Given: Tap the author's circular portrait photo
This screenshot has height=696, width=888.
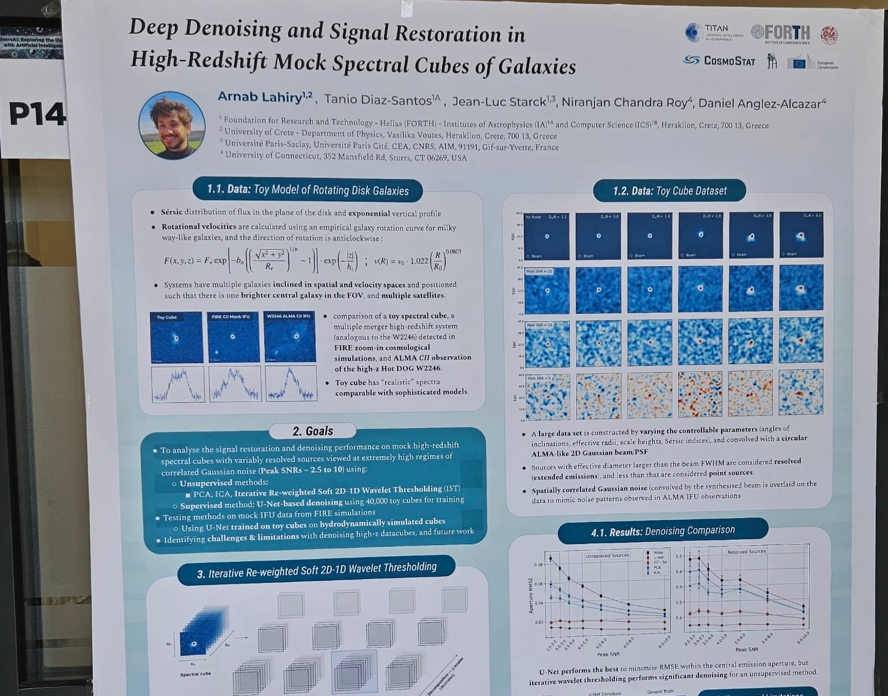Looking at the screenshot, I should click(x=172, y=126).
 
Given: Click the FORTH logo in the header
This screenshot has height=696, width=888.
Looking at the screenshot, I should click(x=781, y=33).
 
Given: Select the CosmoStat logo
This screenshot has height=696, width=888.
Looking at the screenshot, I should click(x=720, y=60).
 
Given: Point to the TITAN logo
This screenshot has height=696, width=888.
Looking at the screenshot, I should click(x=714, y=32).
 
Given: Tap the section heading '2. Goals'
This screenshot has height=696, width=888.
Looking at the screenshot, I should click(x=312, y=431).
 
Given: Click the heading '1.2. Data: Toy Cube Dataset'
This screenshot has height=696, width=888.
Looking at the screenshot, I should click(x=669, y=191).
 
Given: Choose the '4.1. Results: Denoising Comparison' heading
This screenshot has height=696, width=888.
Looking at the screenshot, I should click(x=663, y=531).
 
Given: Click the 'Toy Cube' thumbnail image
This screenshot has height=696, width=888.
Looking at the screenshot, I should click(x=176, y=337).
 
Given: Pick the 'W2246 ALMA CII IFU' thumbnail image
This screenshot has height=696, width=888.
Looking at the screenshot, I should click(x=290, y=337).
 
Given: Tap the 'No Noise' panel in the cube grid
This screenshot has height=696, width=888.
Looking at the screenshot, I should click(x=546, y=235).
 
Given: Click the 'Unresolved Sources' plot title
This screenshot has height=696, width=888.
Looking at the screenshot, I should click(x=607, y=555).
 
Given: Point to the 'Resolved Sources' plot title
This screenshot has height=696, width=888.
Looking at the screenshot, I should click(x=746, y=551).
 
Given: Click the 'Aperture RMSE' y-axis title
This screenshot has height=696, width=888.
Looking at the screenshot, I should click(x=531, y=596).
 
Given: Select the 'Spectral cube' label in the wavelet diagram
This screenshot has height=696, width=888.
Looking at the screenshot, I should click(x=195, y=674).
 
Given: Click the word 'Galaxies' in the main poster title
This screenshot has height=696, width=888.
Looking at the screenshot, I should click(x=537, y=67).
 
